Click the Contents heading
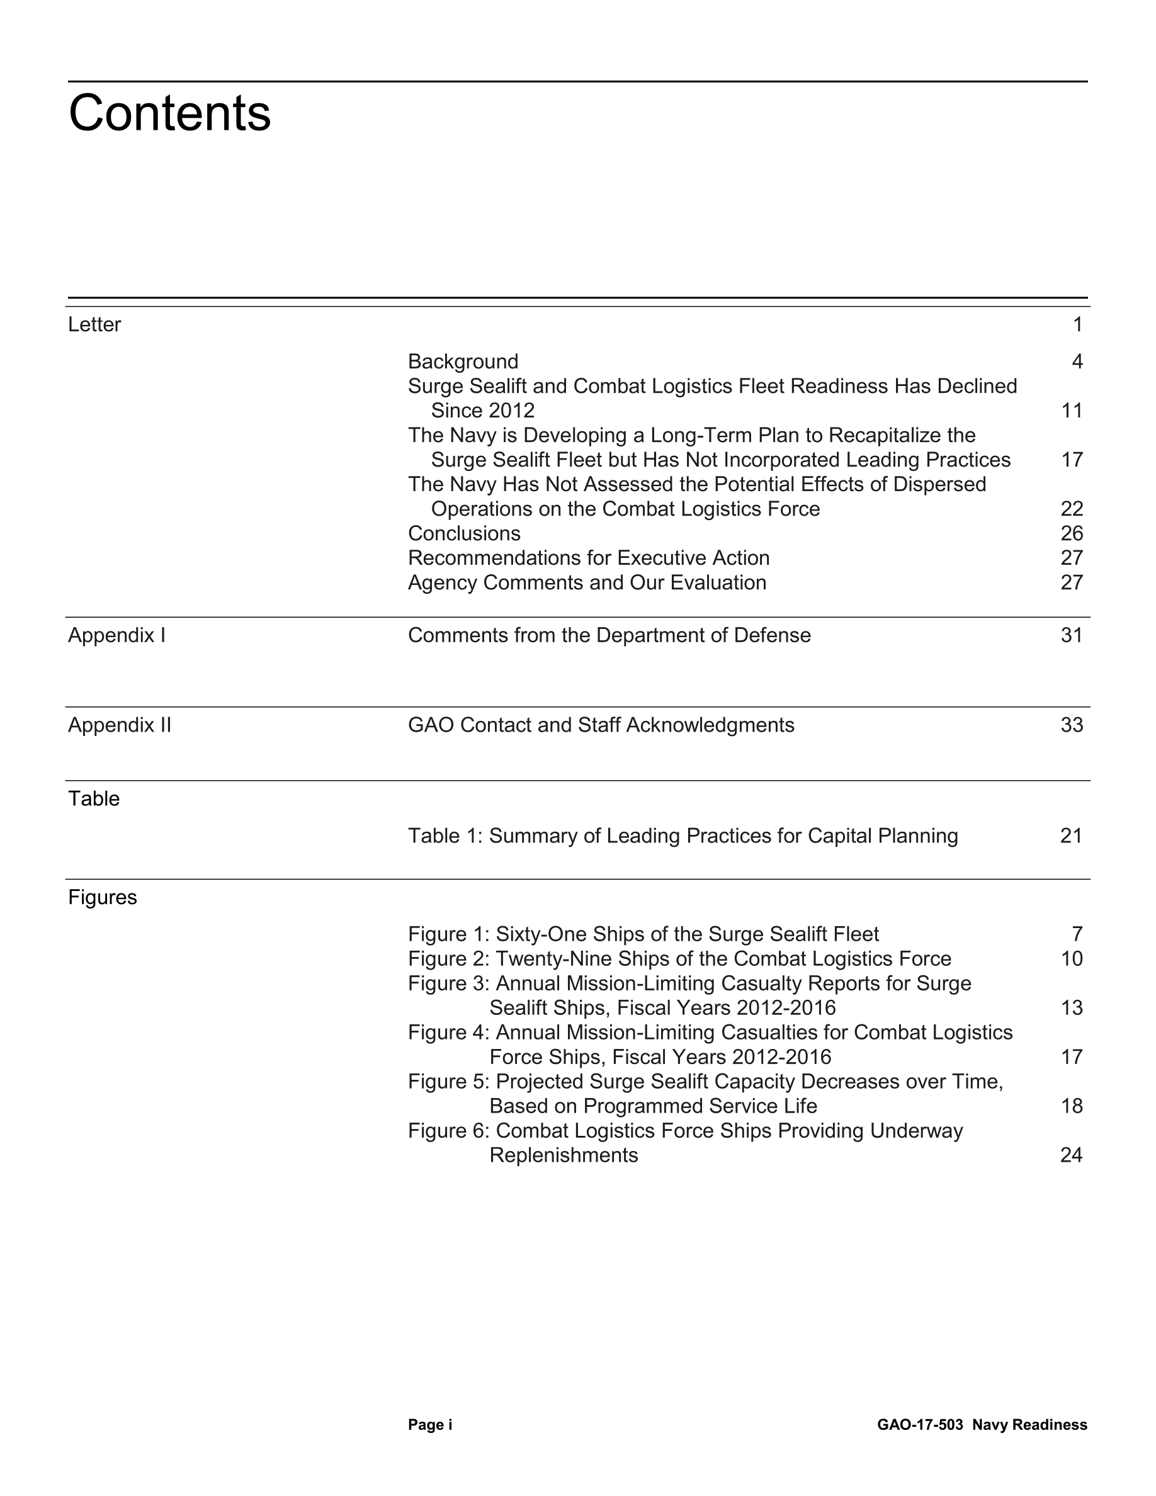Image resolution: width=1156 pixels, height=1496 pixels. pos(170,114)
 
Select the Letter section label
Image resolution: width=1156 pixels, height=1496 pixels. pos(94,324)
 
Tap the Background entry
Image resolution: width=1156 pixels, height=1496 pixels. pos(463,361)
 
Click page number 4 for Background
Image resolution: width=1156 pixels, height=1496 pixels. pos(1077,361)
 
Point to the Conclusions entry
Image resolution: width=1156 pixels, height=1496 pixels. pos(464,533)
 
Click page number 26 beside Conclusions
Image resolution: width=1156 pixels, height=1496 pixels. pos(1072,533)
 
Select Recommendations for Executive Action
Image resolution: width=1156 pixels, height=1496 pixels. pos(589,558)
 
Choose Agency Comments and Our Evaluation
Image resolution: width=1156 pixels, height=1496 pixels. pos(587,582)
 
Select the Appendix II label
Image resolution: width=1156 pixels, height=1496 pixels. pos(120,725)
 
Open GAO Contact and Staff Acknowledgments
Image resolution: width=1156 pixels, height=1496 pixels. pos(601,725)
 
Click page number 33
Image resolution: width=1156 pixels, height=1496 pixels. pos(1072,725)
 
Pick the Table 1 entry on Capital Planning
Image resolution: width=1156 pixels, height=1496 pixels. pos(683,836)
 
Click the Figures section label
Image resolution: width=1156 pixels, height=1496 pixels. pos(103,897)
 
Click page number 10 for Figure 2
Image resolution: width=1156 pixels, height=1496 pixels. pos(1072,958)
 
